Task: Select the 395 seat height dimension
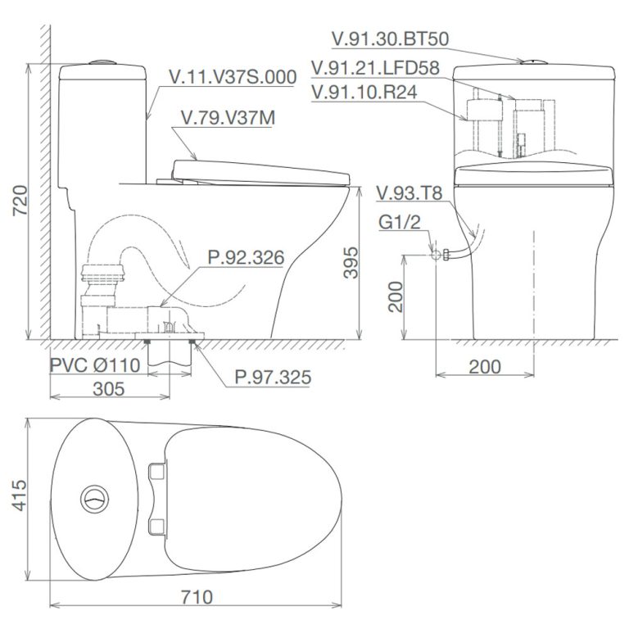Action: pos(350,261)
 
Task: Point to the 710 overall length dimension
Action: pos(196,596)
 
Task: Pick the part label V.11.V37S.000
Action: pos(232,78)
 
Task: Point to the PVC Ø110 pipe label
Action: pos(95,364)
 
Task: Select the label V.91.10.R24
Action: pos(364,93)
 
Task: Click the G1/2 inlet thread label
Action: pos(399,219)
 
